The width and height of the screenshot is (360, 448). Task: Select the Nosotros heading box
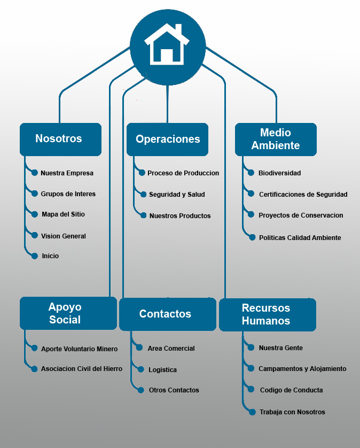click(60, 139)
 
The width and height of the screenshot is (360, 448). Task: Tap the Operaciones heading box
click(167, 140)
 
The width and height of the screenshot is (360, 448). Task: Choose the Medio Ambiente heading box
click(276, 139)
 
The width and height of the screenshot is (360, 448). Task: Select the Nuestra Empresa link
click(67, 173)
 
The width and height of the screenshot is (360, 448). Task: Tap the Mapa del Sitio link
click(63, 214)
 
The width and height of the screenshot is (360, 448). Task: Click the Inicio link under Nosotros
click(50, 256)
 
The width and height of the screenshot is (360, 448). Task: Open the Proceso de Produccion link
click(183, 173)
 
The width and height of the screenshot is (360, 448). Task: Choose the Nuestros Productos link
click(180, 216)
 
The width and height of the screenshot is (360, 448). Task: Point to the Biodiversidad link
click(279, 173)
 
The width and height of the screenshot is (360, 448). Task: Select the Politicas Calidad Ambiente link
click(300, 237)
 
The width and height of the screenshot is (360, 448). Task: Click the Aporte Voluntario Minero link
click(79, 349)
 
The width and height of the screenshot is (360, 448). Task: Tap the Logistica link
click(162, 370)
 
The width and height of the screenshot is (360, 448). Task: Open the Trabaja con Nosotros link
click(292, 412)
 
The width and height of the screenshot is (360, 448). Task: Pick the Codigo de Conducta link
click(291, 390)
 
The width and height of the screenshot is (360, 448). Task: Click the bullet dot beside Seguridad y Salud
click(144, 195)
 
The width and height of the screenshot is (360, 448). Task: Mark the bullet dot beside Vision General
click(35, 235)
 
